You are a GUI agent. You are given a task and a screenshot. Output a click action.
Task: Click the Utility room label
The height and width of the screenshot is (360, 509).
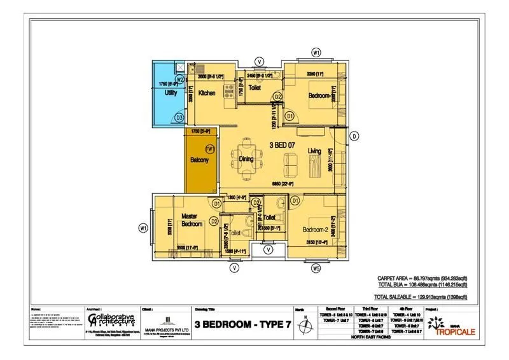click(x=171, y=93)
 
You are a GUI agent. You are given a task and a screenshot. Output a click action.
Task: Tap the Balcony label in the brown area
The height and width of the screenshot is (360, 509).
click(x=200, y=160)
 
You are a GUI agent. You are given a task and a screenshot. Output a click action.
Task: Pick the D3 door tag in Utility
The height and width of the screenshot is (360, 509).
click(x=179, y=118)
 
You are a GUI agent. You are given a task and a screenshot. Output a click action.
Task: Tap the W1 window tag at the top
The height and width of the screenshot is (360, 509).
click(x=316, y=52)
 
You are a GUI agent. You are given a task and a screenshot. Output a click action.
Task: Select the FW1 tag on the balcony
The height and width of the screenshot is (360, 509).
click(x=211, y=149)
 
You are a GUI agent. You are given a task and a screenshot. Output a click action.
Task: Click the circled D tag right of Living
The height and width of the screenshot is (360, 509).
click(x=355, y=135)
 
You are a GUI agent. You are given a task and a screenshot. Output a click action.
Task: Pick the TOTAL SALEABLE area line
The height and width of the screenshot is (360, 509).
click(x=421, y=297)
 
